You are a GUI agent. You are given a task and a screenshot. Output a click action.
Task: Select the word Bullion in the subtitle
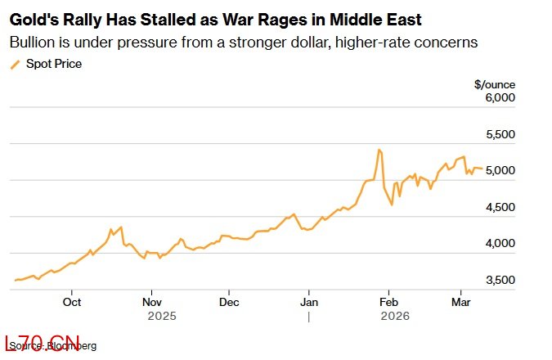[32, 42]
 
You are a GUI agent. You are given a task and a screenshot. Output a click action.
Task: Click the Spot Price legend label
[54, 63]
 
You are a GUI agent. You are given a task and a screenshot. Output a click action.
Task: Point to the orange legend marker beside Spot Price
[14, 64]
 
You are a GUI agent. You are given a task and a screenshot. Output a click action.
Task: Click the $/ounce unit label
[494, 83]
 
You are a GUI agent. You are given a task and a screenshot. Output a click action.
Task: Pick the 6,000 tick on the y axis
[500, 97]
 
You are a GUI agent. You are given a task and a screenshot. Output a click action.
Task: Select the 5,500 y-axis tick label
[500, 134]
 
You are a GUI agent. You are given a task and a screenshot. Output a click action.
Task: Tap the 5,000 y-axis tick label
[500, 170]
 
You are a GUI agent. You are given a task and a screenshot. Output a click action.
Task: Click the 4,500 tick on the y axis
[500, 207]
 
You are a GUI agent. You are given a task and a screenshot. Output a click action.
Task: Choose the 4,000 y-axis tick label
[500, 243]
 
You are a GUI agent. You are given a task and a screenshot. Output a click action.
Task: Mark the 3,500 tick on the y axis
[500, 280]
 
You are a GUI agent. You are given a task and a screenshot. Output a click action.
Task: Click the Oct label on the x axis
[72, 300]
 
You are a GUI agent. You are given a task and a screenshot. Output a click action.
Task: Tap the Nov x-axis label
[151, 300]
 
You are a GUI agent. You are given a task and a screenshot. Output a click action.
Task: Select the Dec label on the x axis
[230, 300]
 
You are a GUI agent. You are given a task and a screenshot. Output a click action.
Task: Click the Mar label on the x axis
[460, 300]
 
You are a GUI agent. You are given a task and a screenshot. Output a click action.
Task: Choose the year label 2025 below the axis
[161, 315]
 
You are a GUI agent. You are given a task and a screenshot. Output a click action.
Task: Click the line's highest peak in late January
[379, 150]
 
